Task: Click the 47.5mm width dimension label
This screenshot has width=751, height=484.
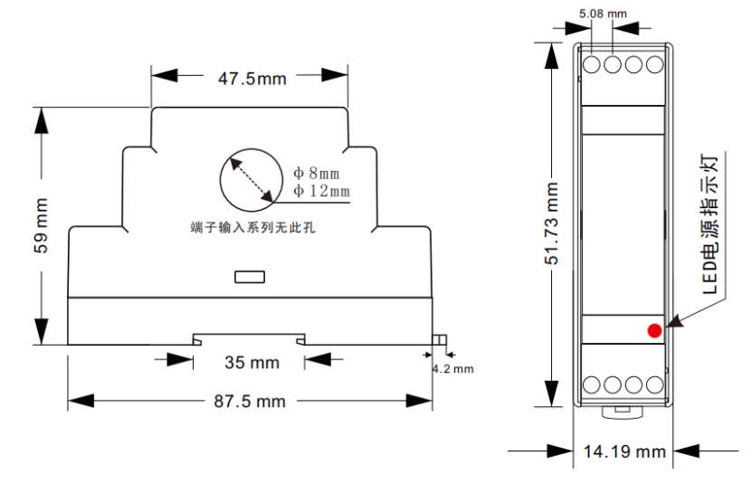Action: click(252, 79)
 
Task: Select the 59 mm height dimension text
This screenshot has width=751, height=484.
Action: click(42, 225)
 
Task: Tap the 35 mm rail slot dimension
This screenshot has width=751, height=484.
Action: click(252, 363)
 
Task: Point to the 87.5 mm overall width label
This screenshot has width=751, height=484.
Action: click(250, 401)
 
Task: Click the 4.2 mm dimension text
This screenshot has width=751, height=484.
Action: click(452, 369)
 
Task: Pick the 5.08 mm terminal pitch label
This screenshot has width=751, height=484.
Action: click(603, 14)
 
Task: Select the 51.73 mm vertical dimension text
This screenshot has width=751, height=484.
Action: click(552, 223)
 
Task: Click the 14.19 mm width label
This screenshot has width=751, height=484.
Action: click(624, 451)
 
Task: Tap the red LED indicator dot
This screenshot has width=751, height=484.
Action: click(655, 330)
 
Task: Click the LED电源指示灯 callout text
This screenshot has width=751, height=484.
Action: click(709, 224)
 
